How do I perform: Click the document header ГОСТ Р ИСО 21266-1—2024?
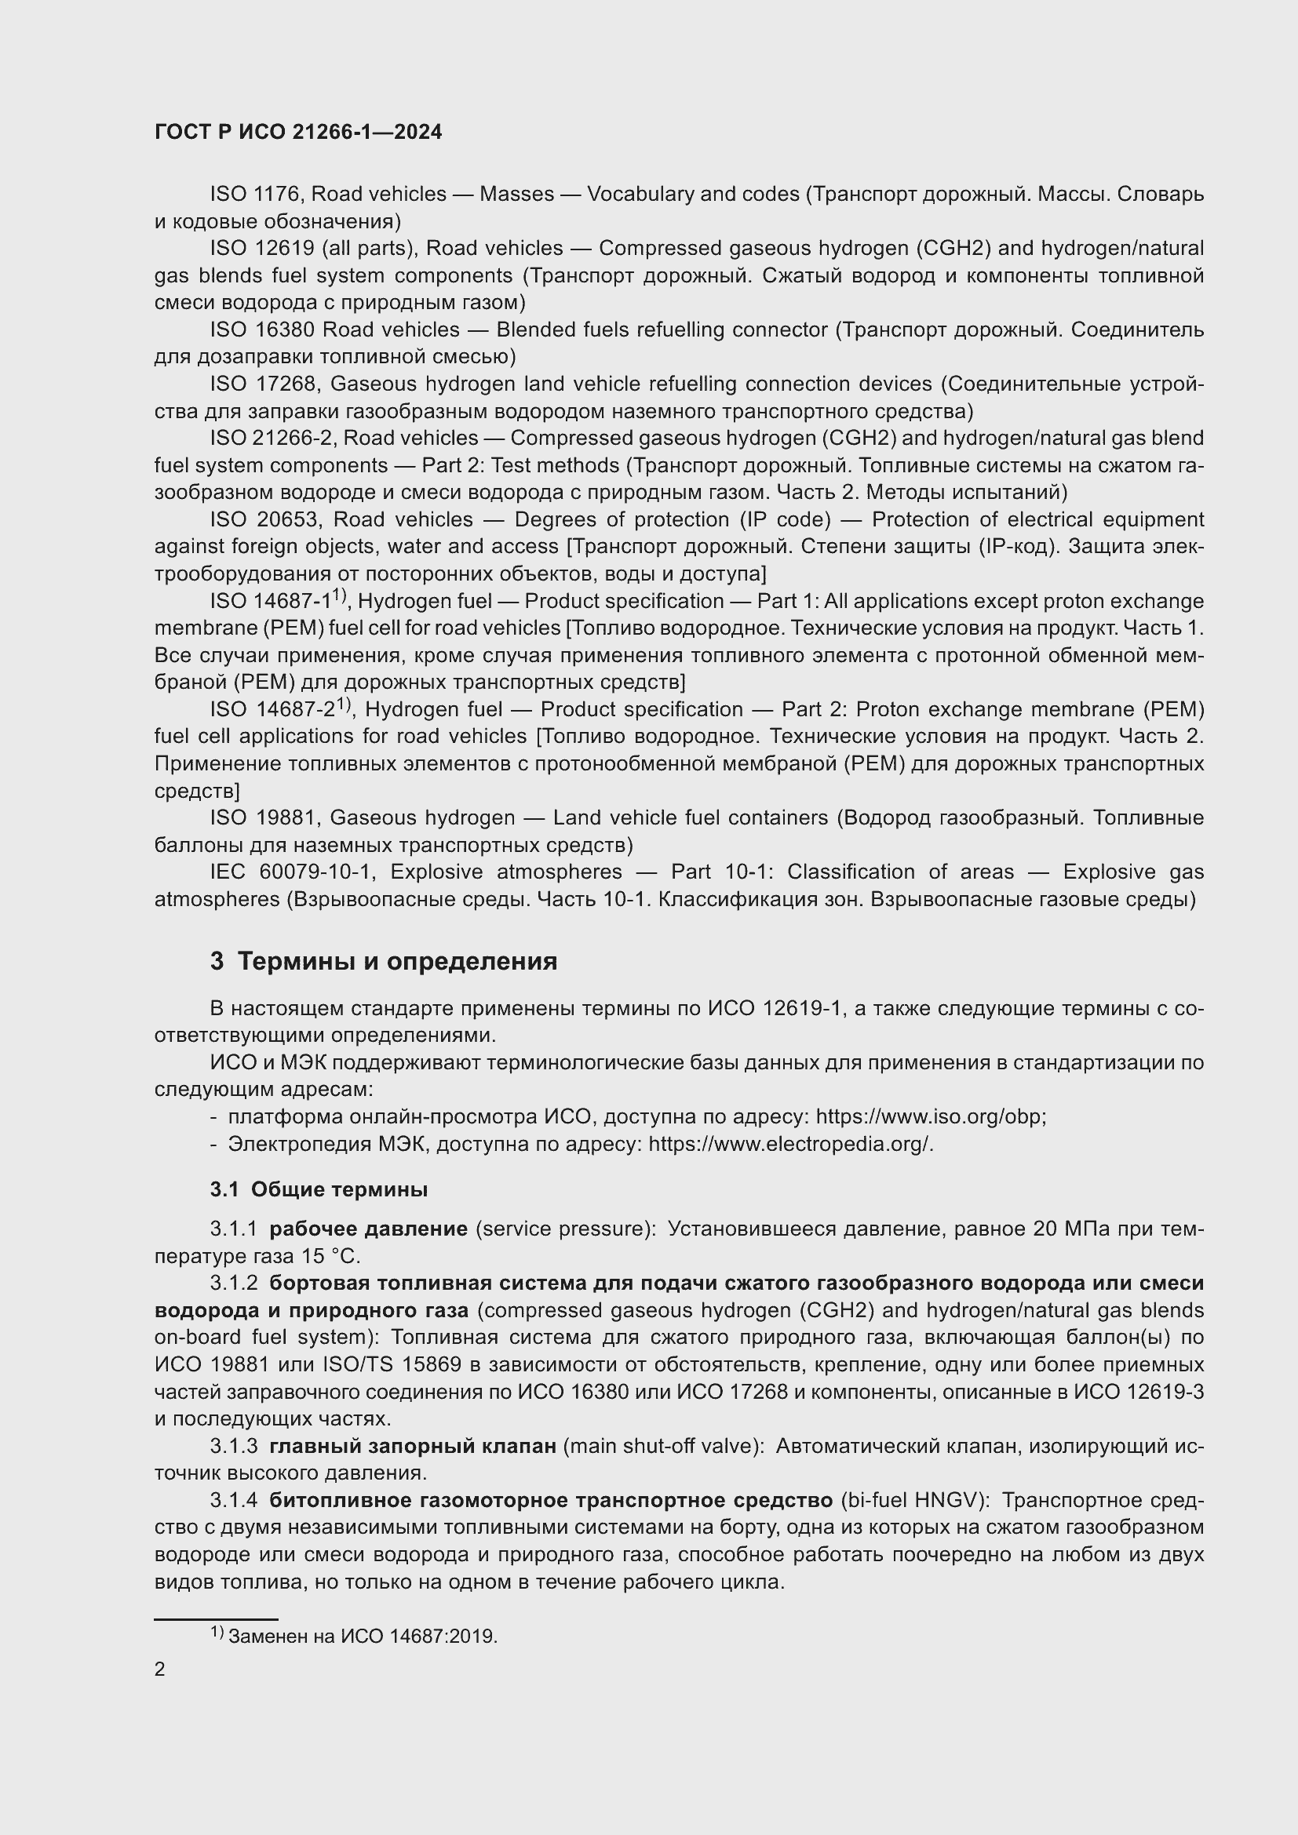pyautogui.click(x=298, y=133)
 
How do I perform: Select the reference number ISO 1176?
pyautogui.click(x=254, y=195)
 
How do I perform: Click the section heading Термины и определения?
pyautogui.click(x=397, y=962)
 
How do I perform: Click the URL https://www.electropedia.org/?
pyautogui.click(x=790, y=1145)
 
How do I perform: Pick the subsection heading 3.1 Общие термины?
pyautogui.click(x=319, y=1190)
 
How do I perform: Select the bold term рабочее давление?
pyautogui.click(x=369, y=1229)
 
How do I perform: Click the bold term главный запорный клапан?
pyautogui.click(x=413, y=1447)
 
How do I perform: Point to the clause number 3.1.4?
pyautogui.click(x=234, y=1501)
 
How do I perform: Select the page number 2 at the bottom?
pyautogui.click(x=160, y=1669)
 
